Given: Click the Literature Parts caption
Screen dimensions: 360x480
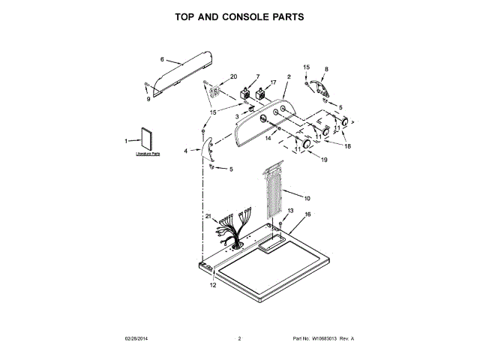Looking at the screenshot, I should (148, 154).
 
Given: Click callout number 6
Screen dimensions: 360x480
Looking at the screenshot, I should (161, 58).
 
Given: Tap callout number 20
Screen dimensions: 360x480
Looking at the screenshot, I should (233, 76).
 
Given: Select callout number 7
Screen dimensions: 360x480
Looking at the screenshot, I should (257, 76).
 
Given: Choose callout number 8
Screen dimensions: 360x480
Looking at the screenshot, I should (325, 69).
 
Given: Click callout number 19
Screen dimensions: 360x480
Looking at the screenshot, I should (324, 160).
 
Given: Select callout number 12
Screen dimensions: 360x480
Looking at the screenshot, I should (212, 286).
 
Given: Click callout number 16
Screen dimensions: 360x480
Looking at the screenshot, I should (307, 214).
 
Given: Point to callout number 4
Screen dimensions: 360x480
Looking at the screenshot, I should (186, 151).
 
